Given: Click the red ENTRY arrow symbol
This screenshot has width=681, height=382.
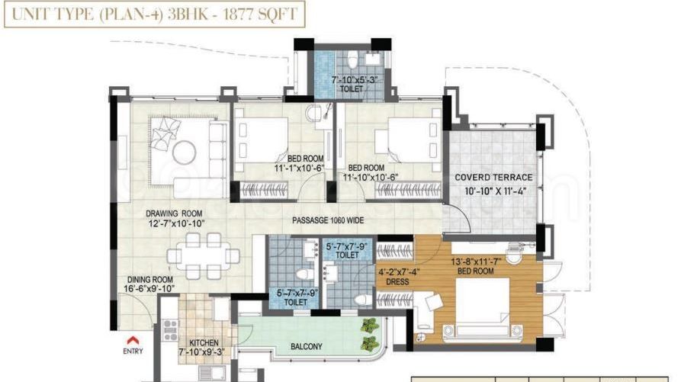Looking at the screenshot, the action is (x=133, y=340).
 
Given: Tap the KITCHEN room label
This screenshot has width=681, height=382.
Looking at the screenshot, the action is (x=204, y=342).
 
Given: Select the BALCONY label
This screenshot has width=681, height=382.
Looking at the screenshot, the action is (x=307, y=347).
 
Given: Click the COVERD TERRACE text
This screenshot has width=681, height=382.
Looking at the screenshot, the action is (x=493, y=178).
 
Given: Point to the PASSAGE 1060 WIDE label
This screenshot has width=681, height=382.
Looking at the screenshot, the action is (x=328, y=220).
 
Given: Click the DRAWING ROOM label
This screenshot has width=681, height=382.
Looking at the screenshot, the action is (x=174, y=213).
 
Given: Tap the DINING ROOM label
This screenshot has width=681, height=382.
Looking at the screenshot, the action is (x=149, y=280).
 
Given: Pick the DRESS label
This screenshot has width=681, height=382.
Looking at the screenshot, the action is (x=397, y=281).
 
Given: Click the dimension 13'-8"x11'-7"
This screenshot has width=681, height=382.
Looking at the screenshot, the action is (x=476, y=262).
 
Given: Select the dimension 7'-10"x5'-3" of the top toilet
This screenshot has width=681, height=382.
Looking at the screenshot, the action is (x=355, y=80).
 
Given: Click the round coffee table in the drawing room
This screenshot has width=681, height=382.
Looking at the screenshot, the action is (x=184, y=152).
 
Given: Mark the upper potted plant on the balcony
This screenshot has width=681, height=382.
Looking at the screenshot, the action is (x=370, y=325).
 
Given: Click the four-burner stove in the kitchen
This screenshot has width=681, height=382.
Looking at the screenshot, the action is (x=169, y=330).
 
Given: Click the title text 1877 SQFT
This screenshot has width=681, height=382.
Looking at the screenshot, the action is (x=260, y=14).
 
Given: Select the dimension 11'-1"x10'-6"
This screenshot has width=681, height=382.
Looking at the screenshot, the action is (x=299, y=168).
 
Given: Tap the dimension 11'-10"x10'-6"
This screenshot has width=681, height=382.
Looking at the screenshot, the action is (x=371, y=177).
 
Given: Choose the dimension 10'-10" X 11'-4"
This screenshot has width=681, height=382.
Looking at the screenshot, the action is (x=495, y=191).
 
